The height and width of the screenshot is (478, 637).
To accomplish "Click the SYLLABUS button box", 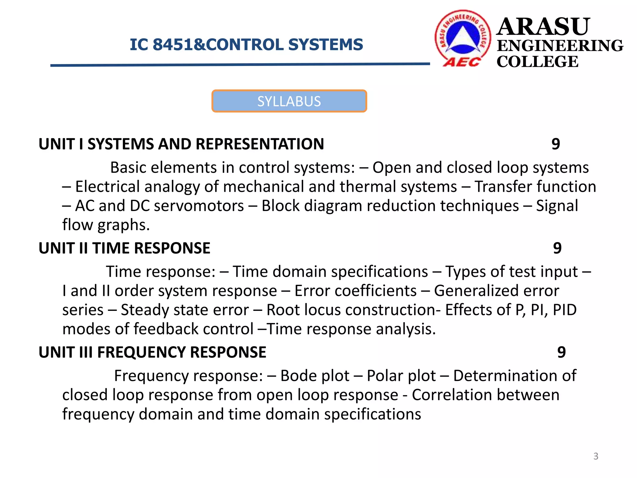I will click(x=289, y=101).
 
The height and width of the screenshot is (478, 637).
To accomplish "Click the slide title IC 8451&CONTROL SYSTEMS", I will click(x=246, y=45).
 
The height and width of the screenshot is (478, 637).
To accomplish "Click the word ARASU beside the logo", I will click(x=543, y=27).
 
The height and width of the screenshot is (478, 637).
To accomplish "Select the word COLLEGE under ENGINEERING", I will click(x=537, y=62).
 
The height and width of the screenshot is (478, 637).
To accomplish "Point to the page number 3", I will click(x=596, y=456).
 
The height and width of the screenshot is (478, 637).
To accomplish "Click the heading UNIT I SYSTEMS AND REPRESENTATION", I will click(x=181, y=144).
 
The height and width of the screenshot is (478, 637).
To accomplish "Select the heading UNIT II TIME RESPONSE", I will click(x=124, y=248).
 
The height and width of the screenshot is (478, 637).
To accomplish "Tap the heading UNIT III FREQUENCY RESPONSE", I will click(x=152, y=353).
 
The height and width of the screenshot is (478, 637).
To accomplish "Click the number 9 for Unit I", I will click(x=556, y=144).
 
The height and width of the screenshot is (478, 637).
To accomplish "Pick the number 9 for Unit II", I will click(x=557, y=248).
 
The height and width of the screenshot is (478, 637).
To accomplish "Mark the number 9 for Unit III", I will click(x=561, y=353).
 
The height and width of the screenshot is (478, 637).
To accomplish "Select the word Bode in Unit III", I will click(x=298, y=376).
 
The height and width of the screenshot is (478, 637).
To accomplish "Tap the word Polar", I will click(x=384, y=376).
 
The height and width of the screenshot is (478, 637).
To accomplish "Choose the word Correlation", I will click(x=452, y=395).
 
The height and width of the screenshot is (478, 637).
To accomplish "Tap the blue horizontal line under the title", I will click(x=240, y=65).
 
